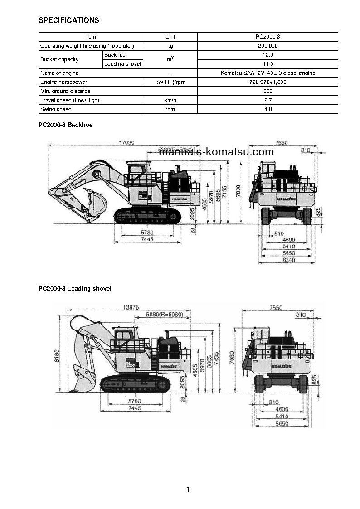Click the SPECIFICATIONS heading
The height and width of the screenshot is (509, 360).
pos(68,20)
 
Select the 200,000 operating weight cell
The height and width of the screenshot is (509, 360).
pos(268,46)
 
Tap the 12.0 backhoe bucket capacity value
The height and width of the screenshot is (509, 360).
pos(268,55)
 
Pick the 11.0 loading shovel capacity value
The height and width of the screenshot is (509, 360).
pos(268,64)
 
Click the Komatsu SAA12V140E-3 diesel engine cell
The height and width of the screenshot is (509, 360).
pos(268,73)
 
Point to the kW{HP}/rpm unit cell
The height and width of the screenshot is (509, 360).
pos(170,82)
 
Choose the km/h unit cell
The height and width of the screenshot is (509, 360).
pos(170,100)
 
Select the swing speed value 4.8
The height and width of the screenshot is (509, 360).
pos(268,109)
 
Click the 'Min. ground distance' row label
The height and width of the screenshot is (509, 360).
pos(65,91)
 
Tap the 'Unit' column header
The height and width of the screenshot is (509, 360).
pos(170,37)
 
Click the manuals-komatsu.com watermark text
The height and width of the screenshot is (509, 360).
pos(216,152)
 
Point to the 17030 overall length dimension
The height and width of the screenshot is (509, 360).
pos(126,142)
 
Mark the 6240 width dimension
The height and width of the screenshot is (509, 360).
pos(288,260)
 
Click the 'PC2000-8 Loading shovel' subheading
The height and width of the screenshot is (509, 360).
pos(75,288)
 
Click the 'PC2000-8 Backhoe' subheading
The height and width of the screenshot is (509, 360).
pos(65,125)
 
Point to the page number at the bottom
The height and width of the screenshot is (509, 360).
pos(188,489)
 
